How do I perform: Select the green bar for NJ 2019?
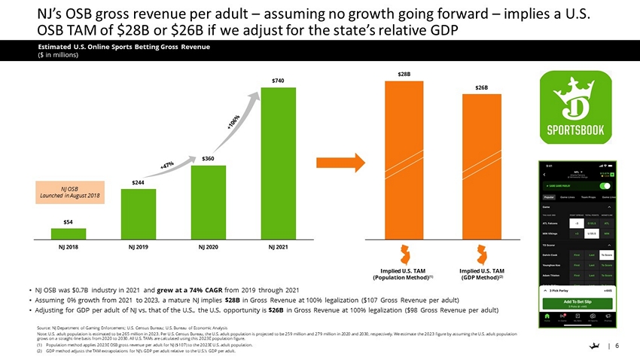(x=139, y=213)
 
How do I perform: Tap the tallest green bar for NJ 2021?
(x=279, y=163)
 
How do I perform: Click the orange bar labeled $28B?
(x=404, y=159)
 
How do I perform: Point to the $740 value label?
(x=279, y=81)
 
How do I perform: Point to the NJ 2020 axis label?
(x=209, y=246)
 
